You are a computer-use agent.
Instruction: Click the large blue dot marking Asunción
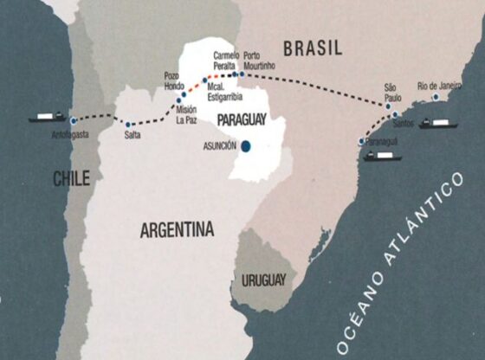pyautogui.click(x=248, y=146)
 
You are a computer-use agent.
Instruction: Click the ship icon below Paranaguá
pyautogui.click(x=382, y=156)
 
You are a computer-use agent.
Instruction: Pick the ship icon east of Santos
pyautogui.click(x=438, y=124)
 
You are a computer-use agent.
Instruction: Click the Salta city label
pyautogui.click(x=133, y=136)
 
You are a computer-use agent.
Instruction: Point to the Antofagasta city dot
pyautogui.click(x=74, y=120)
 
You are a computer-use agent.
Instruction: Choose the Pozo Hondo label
pyautogui.click(x=177, y=81)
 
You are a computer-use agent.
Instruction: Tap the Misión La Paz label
pyautogui.click(x=186, y=115)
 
